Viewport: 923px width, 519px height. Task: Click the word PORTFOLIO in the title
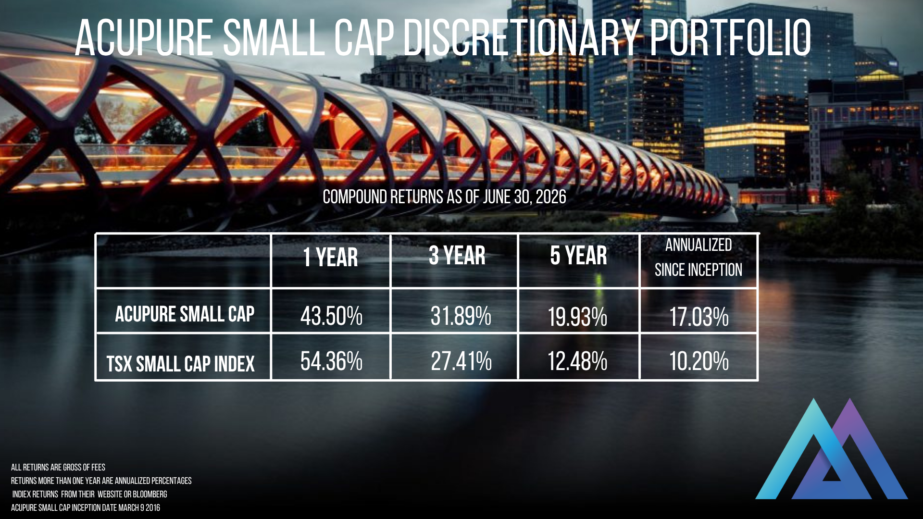coord(731,37)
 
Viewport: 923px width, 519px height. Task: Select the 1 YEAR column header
coord(330,258)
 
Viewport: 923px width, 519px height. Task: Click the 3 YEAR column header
coord(457,256)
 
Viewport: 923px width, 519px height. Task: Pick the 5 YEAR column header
coord(578,256)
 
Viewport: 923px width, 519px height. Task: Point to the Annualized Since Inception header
coord(698,258)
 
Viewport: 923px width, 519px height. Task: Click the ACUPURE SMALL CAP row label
coord(185,314)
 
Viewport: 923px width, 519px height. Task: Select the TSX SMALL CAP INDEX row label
coord(180,364)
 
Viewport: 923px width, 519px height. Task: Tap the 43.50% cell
coord(331,317)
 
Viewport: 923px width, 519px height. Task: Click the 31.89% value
coord(461,316)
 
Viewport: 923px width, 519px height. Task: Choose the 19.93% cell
coord(577,317)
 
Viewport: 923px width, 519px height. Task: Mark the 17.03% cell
coord(699,317)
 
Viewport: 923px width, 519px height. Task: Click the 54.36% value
coord(331,361)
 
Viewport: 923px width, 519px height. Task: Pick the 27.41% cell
coord(461,361)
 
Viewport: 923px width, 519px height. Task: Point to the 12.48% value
coord(577,361)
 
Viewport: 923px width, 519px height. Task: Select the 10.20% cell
coord(699,361)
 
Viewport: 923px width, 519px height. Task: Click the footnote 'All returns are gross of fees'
coord(58,467)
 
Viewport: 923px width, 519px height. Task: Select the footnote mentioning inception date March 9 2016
coord(86,507)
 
